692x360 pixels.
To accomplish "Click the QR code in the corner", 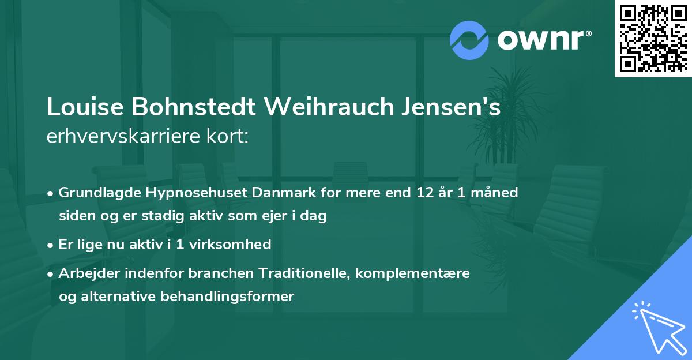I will [653, 38].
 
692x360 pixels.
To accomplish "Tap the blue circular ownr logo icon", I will [469, 39].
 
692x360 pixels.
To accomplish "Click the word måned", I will [495, 192].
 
